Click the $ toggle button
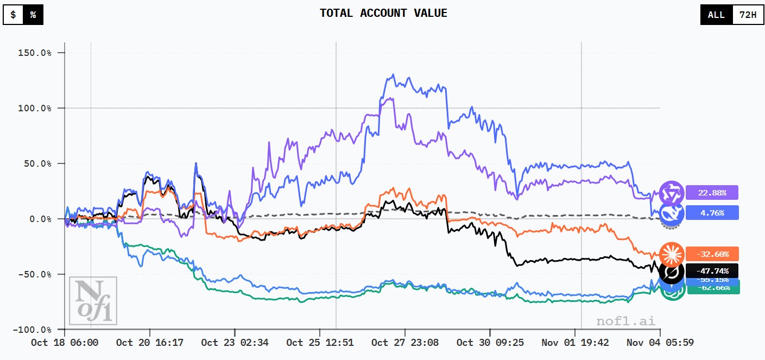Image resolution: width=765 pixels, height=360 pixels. point(13,15)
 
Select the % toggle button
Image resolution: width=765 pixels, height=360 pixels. point(33,15)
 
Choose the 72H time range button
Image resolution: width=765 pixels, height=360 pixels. point(747,15)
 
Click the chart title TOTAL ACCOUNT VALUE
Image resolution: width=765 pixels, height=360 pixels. point(383,13)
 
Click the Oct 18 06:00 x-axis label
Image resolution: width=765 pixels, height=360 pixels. point(65,343)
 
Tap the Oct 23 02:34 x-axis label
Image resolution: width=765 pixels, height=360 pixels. point(235,343)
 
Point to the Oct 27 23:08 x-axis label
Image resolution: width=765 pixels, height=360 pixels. point(405,343)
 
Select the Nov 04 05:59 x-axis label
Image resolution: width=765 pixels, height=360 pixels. point(660,343)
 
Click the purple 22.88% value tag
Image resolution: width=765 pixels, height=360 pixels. point(711,193)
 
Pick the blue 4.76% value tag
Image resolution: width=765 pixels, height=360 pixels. point(711,213)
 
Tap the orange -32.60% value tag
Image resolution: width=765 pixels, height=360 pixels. point(711,254)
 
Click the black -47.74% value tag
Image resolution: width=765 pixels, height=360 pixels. point(711,270)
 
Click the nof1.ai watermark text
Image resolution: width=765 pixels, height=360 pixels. point(625,321)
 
